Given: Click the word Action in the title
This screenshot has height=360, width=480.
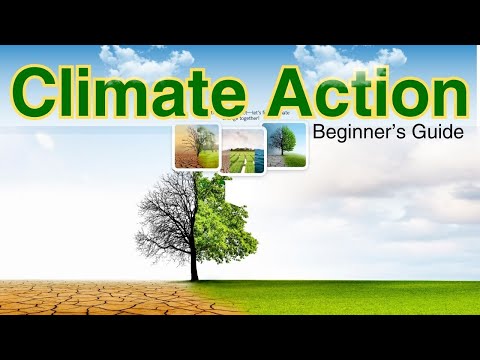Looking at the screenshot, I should [364, 93].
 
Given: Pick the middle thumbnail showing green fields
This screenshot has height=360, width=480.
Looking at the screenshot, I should [242, 150].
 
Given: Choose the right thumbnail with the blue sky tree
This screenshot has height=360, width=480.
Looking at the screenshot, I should [287, 146].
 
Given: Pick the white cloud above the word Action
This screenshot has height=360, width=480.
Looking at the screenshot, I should [350, 58].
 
